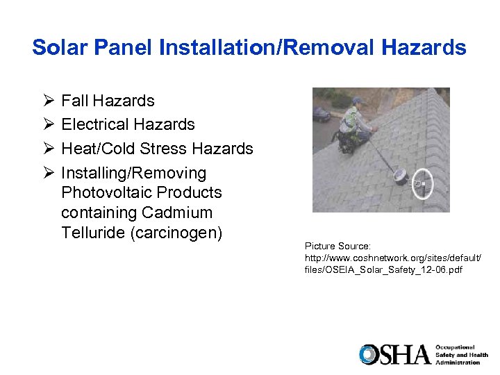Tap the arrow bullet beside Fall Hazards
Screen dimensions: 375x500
[47, 101]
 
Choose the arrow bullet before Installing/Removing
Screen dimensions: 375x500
[47, 173]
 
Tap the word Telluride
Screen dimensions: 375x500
[93, 233]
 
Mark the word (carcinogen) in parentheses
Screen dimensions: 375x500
[176, 233]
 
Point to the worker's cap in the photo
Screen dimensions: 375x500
[358, 101]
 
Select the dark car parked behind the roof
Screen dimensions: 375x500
[321, 113]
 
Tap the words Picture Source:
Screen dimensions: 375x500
[338, 247]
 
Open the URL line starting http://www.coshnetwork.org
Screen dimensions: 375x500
[392, 258]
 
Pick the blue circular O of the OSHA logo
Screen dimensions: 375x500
[367, 354]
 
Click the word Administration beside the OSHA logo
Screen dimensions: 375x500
[458, 362]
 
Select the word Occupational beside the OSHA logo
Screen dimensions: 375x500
[456, 347]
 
